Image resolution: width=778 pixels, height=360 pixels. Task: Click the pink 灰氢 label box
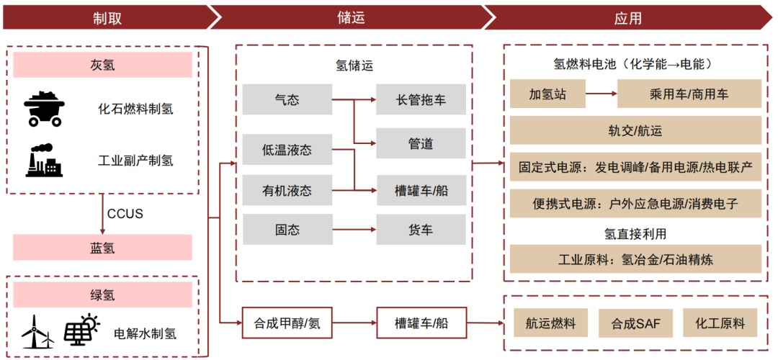coord(102,66)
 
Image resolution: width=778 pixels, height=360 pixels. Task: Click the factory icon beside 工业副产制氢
coord(44,161)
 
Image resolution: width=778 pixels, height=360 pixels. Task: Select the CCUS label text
coord(125,214)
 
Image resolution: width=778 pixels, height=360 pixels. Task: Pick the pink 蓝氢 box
coord(102,248)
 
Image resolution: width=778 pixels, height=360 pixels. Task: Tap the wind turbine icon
coord(37,332)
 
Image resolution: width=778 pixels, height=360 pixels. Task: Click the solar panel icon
coord(81,330)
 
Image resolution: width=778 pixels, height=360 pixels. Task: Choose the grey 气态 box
coord(286,99)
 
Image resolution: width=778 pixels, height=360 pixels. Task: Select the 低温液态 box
coord(286,150)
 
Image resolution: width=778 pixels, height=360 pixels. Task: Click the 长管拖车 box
coord(421,99)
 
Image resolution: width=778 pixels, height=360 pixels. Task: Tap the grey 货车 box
coord(421,230)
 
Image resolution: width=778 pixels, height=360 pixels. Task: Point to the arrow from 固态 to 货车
coord(353,230)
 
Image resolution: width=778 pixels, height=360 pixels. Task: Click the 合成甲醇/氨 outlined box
coord(286,323)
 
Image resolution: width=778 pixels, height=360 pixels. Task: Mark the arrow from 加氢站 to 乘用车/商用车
coord(601,94)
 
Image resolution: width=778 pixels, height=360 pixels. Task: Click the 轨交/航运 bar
coord(635,130)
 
